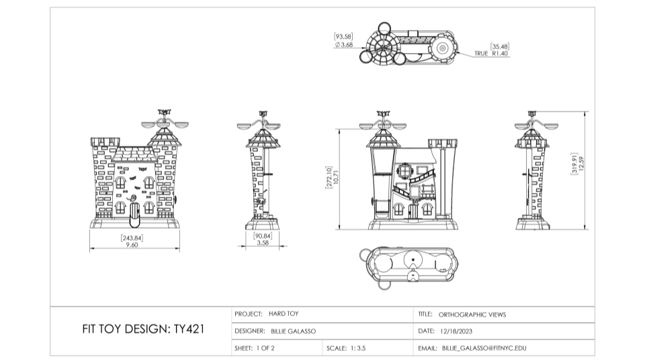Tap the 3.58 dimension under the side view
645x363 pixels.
pos(263,243)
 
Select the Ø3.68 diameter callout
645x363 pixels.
pos(344,44)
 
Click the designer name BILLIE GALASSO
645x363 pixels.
pos(293,331)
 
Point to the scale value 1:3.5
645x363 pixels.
pos(357,348)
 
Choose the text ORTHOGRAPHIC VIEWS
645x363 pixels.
pos(472,314)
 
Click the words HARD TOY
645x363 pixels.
pos(284,314)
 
